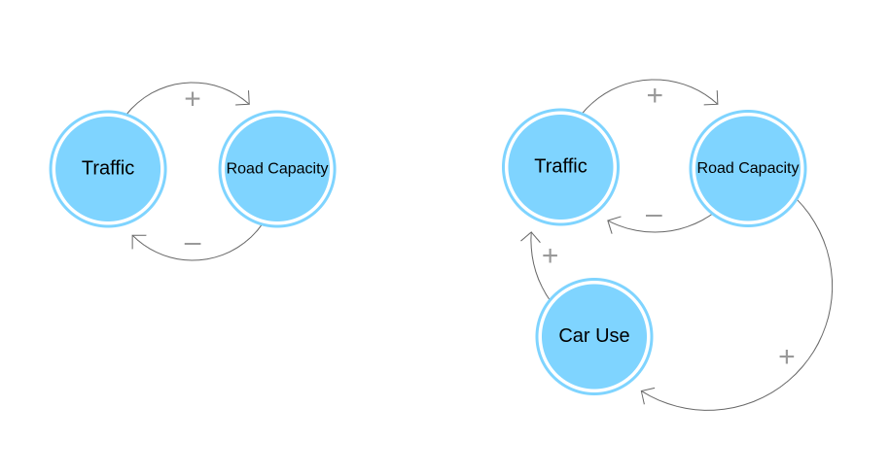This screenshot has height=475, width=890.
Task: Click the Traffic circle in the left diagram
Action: pos(108,168)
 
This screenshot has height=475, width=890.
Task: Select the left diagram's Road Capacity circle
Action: pos(277,168)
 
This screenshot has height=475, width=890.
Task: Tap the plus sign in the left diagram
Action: pos(193,98)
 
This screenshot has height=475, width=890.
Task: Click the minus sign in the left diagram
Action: pos(193,243)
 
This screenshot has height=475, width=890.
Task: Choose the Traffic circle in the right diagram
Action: pos(560,166)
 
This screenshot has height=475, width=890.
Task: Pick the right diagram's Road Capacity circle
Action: pos(747,168)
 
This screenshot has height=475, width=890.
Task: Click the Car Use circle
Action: pos(593,336)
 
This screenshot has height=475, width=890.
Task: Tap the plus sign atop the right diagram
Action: pos(655,95)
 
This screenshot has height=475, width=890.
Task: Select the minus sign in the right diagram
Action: pos(654,215)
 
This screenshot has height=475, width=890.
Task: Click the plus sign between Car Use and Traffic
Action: pos(550,255)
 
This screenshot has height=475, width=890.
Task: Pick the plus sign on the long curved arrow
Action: pos(786,356)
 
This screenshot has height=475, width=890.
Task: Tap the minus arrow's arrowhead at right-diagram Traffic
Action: pos(611,224)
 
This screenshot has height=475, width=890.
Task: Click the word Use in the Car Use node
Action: pos(613,336)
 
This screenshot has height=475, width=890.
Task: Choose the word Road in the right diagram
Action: pos(715,168)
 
